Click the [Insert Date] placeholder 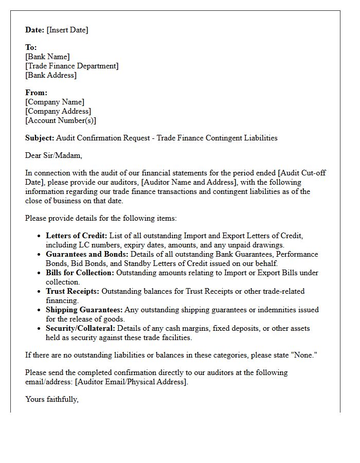coord(67,30)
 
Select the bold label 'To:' coord(31,47)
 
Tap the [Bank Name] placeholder coord(47,57)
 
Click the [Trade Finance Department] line coord(72,66)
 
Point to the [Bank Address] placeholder coord(51,75)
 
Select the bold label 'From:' coord(36,93)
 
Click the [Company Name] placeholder coord(55,102)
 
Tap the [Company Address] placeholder coord(58,111)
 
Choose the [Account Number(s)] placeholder coord(61,120)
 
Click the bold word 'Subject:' coord(40,138)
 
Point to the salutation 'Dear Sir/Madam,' coord(53,155)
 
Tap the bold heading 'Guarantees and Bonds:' coord(87,254)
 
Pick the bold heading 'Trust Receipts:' coord(73,291)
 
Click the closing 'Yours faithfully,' coord(52,399)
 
